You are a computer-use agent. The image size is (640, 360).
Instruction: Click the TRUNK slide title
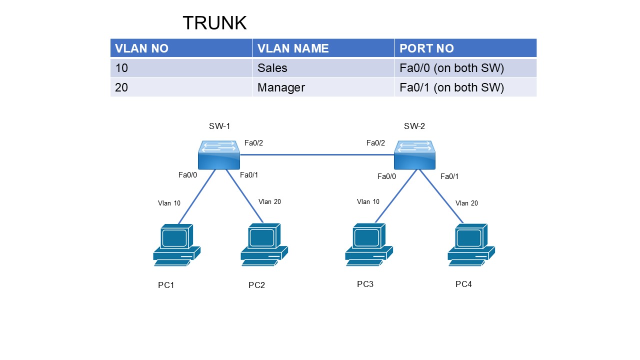pyautogui.click(x=214, y=23)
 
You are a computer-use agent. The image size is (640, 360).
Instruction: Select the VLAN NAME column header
pyautogui.click(x=293, y=48)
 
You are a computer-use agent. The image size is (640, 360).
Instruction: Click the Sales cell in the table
pyautogui.click(x=272, y=68)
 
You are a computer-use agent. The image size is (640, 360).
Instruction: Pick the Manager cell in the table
pyautogui.click(x=281, y=87)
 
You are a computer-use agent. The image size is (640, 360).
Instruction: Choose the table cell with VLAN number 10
pyautogui.click(x=121, y=68)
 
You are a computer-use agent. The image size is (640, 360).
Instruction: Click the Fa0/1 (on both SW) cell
pyautogui.click(x=451, y=87)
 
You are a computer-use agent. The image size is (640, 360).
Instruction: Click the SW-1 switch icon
pyautogui.click(x=219, y=154)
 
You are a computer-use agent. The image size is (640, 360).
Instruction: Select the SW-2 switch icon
pyautogui.click(x=414, y=154)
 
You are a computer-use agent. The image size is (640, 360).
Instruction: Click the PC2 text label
pyautogui.click(x=256, y=285)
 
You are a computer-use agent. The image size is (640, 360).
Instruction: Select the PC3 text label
pyautogui.click(x=365, y=284)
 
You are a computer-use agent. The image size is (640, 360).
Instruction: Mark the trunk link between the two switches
pyautogui.click(x=316, y=155)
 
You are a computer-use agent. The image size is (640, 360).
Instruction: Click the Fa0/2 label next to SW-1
pyautogui.click(x=253, y=143)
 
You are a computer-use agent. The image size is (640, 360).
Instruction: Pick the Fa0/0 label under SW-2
pyautogui.click(x=386, y=176)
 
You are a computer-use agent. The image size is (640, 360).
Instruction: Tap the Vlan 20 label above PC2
pyautogui.click(x=269, y=201)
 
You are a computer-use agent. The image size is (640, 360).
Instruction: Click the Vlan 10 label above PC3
pyautogui.click(x=368, y=201)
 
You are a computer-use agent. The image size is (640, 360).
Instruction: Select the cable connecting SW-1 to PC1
pyautogui.click(x=196, y=197)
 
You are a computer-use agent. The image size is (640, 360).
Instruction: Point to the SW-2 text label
pyautogui.click(x=414, y=126)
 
